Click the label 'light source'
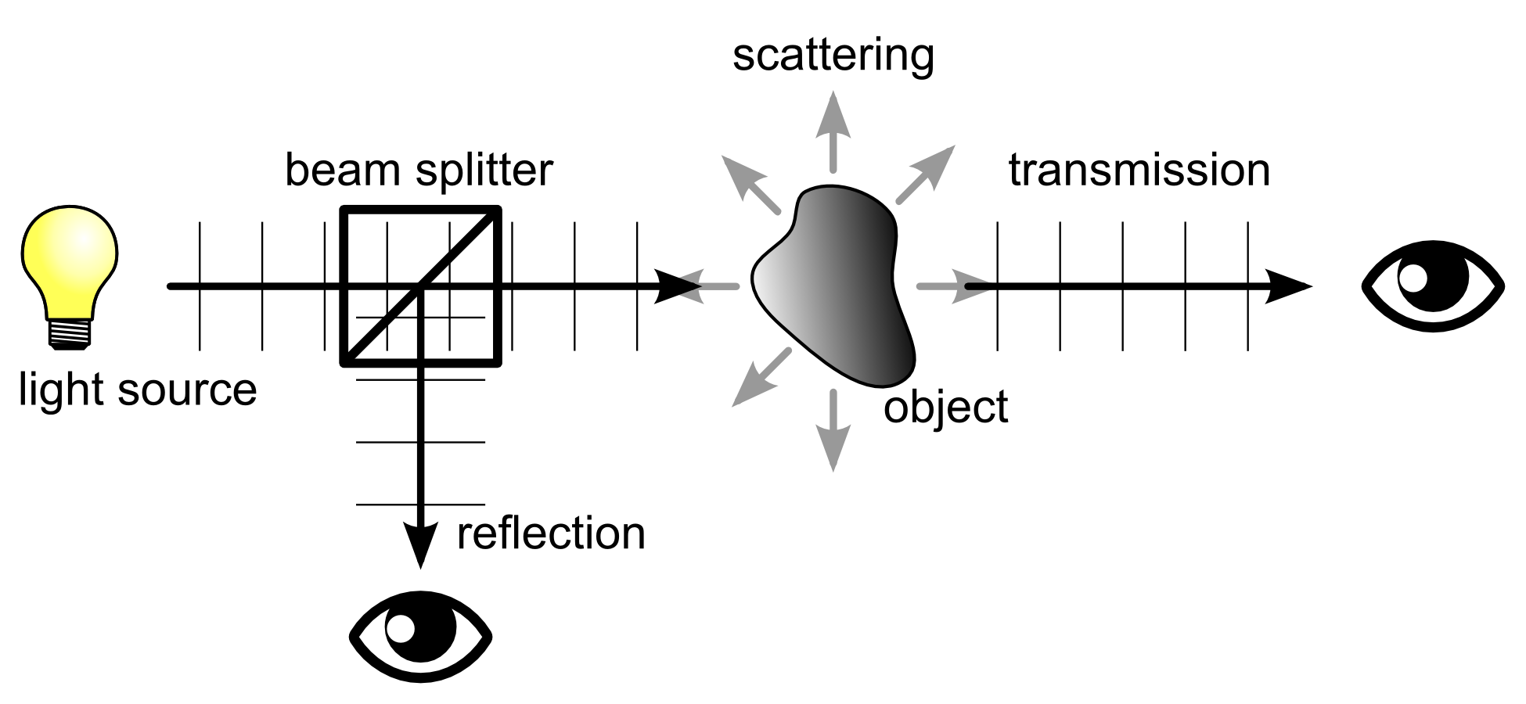[x=138, y=390]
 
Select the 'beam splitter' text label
[x=419, y=171]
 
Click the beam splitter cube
[x=420, y=286]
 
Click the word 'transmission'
[x=1139, y=171]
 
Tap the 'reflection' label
[x=551, y=534]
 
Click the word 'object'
[x=945, y=408]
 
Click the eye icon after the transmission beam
[x=1433, y=286]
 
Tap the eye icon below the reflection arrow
[x=420, y=636]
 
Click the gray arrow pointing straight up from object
[x=833, y=129]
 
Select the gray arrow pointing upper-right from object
[x=927, y=174]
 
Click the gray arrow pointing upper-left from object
[x=749, y=183]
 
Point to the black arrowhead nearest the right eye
[x=1287, y=286]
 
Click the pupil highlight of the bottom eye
[x=401, y=628]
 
